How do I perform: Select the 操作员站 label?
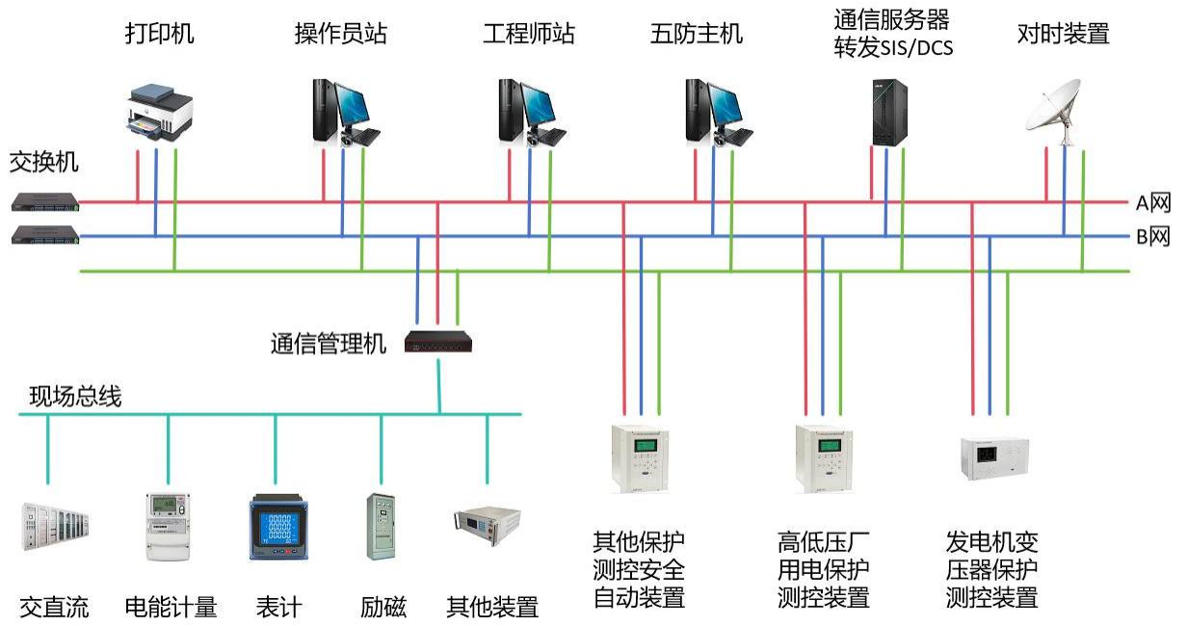[x=340, y=35]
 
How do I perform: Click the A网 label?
[x=1152, y=203]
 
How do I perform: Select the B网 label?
[x=1152, y=237]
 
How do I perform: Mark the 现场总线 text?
[x=75, y=396]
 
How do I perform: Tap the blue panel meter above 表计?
[x=277, y=526]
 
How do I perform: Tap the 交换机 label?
[x=44, y=162]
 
